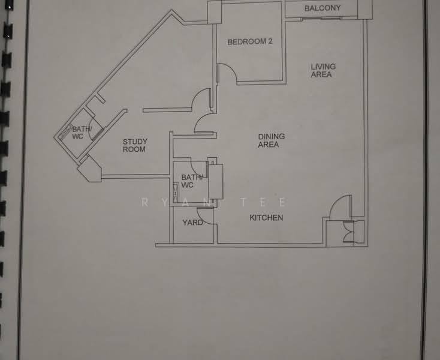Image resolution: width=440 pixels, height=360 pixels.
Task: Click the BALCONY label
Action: (323, 8)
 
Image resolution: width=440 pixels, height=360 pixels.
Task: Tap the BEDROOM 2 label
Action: (250, 41)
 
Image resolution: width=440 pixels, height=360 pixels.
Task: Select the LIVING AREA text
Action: (323, 70)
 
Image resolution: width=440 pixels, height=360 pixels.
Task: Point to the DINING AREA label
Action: (271, 140)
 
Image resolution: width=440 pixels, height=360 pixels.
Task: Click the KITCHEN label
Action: (266, 218)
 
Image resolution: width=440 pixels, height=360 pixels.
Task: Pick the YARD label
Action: (192, 223)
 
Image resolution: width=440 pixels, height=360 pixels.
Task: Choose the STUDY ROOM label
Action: (135, 145)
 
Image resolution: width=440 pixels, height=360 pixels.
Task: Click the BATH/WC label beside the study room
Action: (82, 133)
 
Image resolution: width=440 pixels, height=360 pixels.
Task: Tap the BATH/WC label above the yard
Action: (192, 181)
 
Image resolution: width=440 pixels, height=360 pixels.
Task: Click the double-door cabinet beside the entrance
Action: (349, 232)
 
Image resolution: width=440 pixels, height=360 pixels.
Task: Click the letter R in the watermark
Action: (145, 202)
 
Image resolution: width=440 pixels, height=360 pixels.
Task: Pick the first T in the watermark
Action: (243, 202)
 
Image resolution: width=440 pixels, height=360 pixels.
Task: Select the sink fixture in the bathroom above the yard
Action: (176, 193)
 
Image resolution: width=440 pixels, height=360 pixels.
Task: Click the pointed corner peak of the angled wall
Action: (171, 10)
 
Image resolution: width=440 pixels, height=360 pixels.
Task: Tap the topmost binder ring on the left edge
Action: (9, 5)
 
